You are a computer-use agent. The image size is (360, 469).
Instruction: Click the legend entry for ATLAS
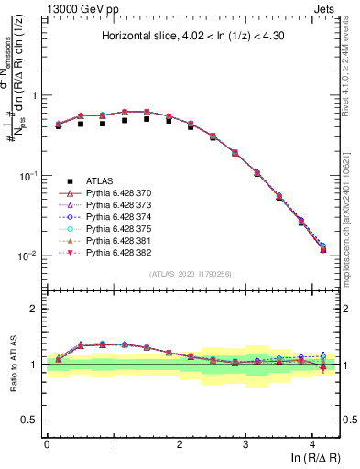coord(100,180)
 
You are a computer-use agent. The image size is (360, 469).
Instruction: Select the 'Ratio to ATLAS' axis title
coord(13,365)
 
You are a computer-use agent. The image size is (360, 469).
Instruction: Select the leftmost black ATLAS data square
coord(59,125)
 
